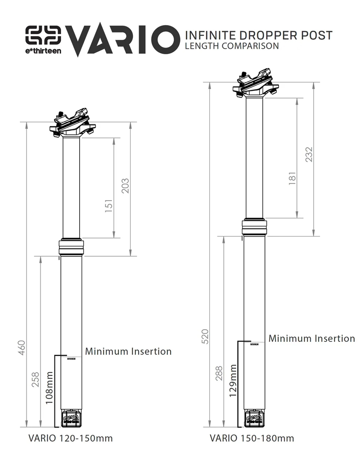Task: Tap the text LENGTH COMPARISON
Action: coord(232,46)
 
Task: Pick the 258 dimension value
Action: coord(36,379)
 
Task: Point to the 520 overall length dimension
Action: coord(205,336)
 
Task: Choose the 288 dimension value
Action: coord(219,373)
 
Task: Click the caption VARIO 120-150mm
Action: coord(71,438)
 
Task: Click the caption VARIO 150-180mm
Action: coord(252,438)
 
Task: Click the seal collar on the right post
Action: coord(255,227)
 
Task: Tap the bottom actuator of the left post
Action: coord(72,418)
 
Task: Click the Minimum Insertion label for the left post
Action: coord(128,351)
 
